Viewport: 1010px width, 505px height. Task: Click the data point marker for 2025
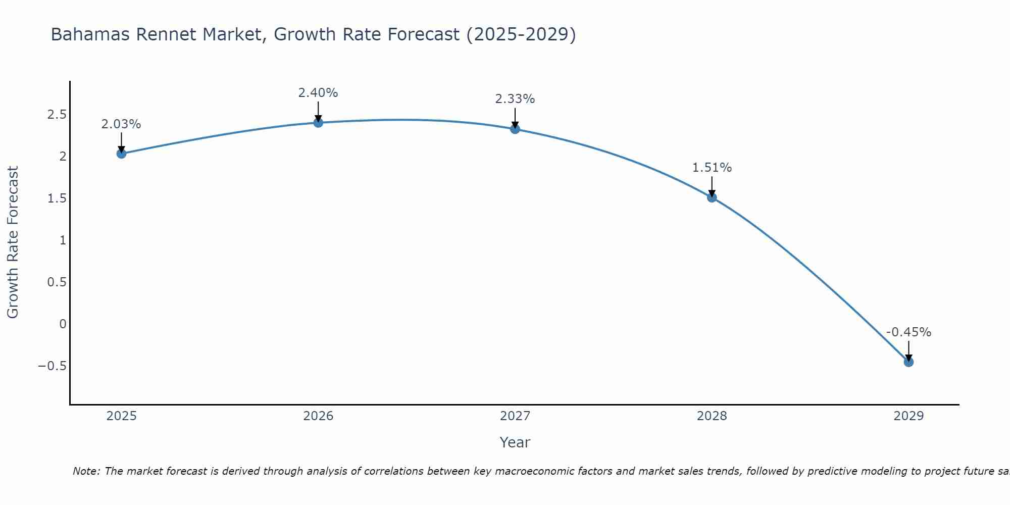click(x=121, y=154)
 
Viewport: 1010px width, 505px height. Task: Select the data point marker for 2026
click(x=318, y=123)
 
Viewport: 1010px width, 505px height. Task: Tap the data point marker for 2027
click(x=515, y=129)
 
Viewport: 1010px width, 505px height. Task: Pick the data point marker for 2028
click(x=712, y=197)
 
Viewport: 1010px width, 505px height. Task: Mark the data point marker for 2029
click(x=908, y=362)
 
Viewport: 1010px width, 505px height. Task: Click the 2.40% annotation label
click(x=318, y=93)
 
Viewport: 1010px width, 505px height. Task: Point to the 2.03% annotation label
click(x=121, y=124)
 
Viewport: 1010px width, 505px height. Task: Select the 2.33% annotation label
click(x=515, y=99)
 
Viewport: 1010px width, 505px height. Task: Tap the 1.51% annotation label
click(x=712, y=168)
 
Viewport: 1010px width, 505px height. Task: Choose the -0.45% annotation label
click(x=908, y=332)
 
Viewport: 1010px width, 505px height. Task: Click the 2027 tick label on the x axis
click(x=515, y=416)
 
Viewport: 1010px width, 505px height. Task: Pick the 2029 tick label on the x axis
click(x=908, y=416)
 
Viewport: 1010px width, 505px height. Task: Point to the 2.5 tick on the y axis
click(x=57, y=115)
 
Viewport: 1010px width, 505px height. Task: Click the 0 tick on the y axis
click(x=63, y=324)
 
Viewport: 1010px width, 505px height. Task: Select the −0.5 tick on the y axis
click(x=53, y=366)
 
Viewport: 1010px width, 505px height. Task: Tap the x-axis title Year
click(x=515, y=442)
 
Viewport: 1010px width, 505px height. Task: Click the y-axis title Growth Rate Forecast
click(x=13, y=242)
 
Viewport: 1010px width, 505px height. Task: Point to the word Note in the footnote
click(x=86, y=471)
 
